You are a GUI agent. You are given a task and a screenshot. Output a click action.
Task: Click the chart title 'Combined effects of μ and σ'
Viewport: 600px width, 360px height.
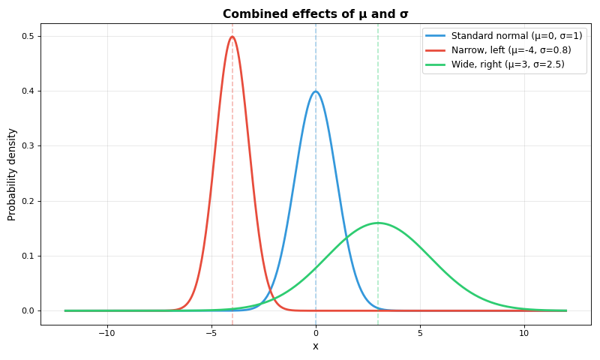click(x=315, y=13)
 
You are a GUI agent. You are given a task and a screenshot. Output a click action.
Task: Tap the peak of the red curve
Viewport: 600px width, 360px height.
click(x=232, y=37)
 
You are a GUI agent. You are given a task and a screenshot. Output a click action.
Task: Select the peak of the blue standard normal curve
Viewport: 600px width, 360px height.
click(x=316, y=91)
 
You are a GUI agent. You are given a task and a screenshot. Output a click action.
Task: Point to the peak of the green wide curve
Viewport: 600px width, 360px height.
click(x=378, y=223)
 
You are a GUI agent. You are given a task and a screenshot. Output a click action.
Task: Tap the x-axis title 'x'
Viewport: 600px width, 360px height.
click(x=315, y=346)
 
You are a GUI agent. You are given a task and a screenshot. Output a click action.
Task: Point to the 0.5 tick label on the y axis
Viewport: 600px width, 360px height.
click(x=28, y=36)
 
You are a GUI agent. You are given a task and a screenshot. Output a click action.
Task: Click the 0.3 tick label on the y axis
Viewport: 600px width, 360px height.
click(x=28, y=146)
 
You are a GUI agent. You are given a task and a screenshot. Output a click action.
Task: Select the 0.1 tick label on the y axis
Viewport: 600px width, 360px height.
click(x=28, y=256)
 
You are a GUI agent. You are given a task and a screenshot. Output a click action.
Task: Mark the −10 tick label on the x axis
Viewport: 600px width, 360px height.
click(x=107, y=333)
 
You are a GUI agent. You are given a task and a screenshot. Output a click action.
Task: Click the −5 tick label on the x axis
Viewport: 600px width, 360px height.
click(x=211, y=333)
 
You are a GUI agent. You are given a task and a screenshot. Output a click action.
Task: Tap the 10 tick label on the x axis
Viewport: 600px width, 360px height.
click(x=524, y=333)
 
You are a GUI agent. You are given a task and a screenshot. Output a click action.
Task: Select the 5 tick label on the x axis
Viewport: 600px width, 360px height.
click(x=420, y=333)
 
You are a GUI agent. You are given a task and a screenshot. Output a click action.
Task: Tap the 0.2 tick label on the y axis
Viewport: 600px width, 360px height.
click(x=28, y=201)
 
